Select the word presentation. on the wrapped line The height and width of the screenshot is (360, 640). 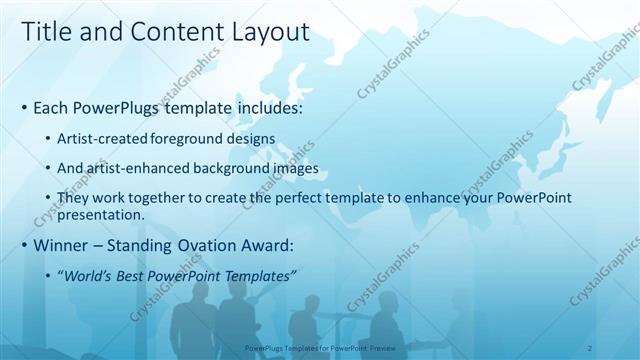pyautogui.click(x=103, y=214)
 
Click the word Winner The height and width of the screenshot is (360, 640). pyautogui.click(x=61, y=245)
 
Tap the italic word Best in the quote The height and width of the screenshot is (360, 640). pyautogui.click(x=134, y=276)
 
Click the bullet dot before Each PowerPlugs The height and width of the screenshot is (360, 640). pyautogui.click(x=23, y=107)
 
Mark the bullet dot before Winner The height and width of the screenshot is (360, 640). pyautogui.click(x=23, y=246)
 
